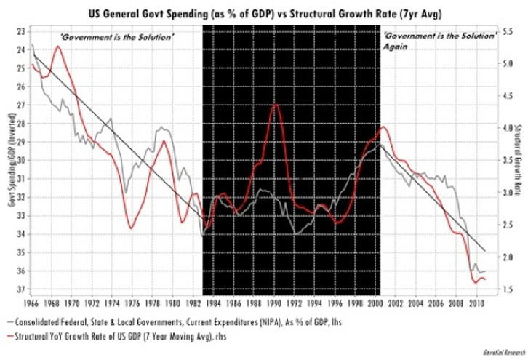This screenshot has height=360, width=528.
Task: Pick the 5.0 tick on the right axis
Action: click(510, 63)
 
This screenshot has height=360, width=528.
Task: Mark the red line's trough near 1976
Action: click(131, 228)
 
